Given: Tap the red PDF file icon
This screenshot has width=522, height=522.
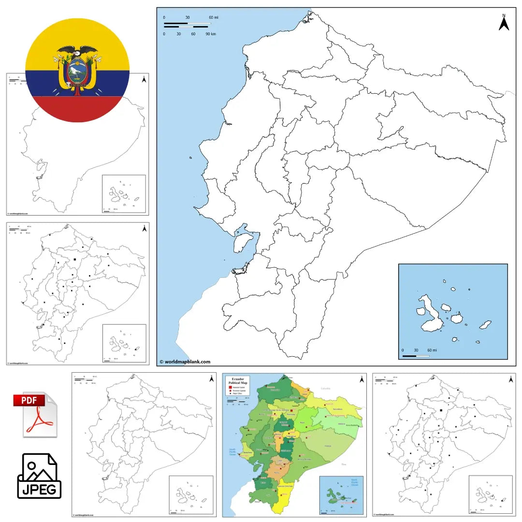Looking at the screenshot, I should coord(35,414).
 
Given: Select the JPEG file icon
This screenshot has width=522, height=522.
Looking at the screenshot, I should coord(39,476).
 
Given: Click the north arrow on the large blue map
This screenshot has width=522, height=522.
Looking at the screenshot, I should coord(504,23).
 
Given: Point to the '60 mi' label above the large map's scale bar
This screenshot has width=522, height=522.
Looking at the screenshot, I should coord(213,18).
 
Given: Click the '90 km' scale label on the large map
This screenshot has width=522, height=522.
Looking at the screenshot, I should coord(211,34).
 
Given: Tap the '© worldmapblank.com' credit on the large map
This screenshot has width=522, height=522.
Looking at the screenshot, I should coord(185,362).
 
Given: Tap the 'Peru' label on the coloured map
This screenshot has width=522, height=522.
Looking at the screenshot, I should coord(344,464).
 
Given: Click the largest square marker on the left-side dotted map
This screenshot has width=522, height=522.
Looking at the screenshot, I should coord(75,260).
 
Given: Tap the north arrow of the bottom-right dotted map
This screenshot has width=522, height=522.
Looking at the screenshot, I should coord(511,379).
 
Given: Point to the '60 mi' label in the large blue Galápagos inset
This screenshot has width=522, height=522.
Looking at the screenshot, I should coord(432,350).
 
